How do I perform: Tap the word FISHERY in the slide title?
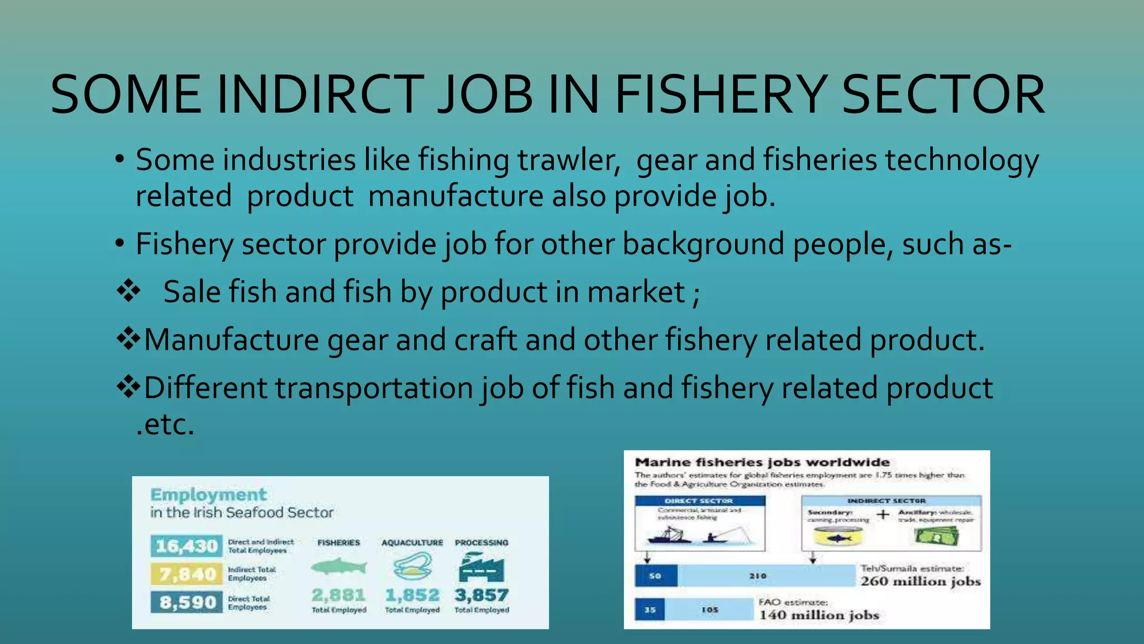[x=721, y=95]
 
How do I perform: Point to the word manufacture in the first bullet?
[x=455, y=197]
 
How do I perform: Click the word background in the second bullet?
[x=703, y=245]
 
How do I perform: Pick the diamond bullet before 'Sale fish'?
[x=128, y=291]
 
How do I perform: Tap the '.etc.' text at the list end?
[x=165, y=425]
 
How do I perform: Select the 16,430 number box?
[x=187, y=546]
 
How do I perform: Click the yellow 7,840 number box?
[x=187, y=574]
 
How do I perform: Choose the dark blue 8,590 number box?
[x=187, y=603]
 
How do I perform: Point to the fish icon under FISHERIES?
[x=339, y=567]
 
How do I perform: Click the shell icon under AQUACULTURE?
[x=412, y=567]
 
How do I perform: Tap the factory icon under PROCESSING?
[x=481, y=568]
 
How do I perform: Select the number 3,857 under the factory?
[x=482, y=595]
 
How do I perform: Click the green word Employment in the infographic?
[x=208, y=495]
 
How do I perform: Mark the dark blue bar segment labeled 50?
[x=656, y=576]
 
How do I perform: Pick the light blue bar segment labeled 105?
[x=709, y=609]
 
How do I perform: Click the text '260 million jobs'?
[x=920, y=581]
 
